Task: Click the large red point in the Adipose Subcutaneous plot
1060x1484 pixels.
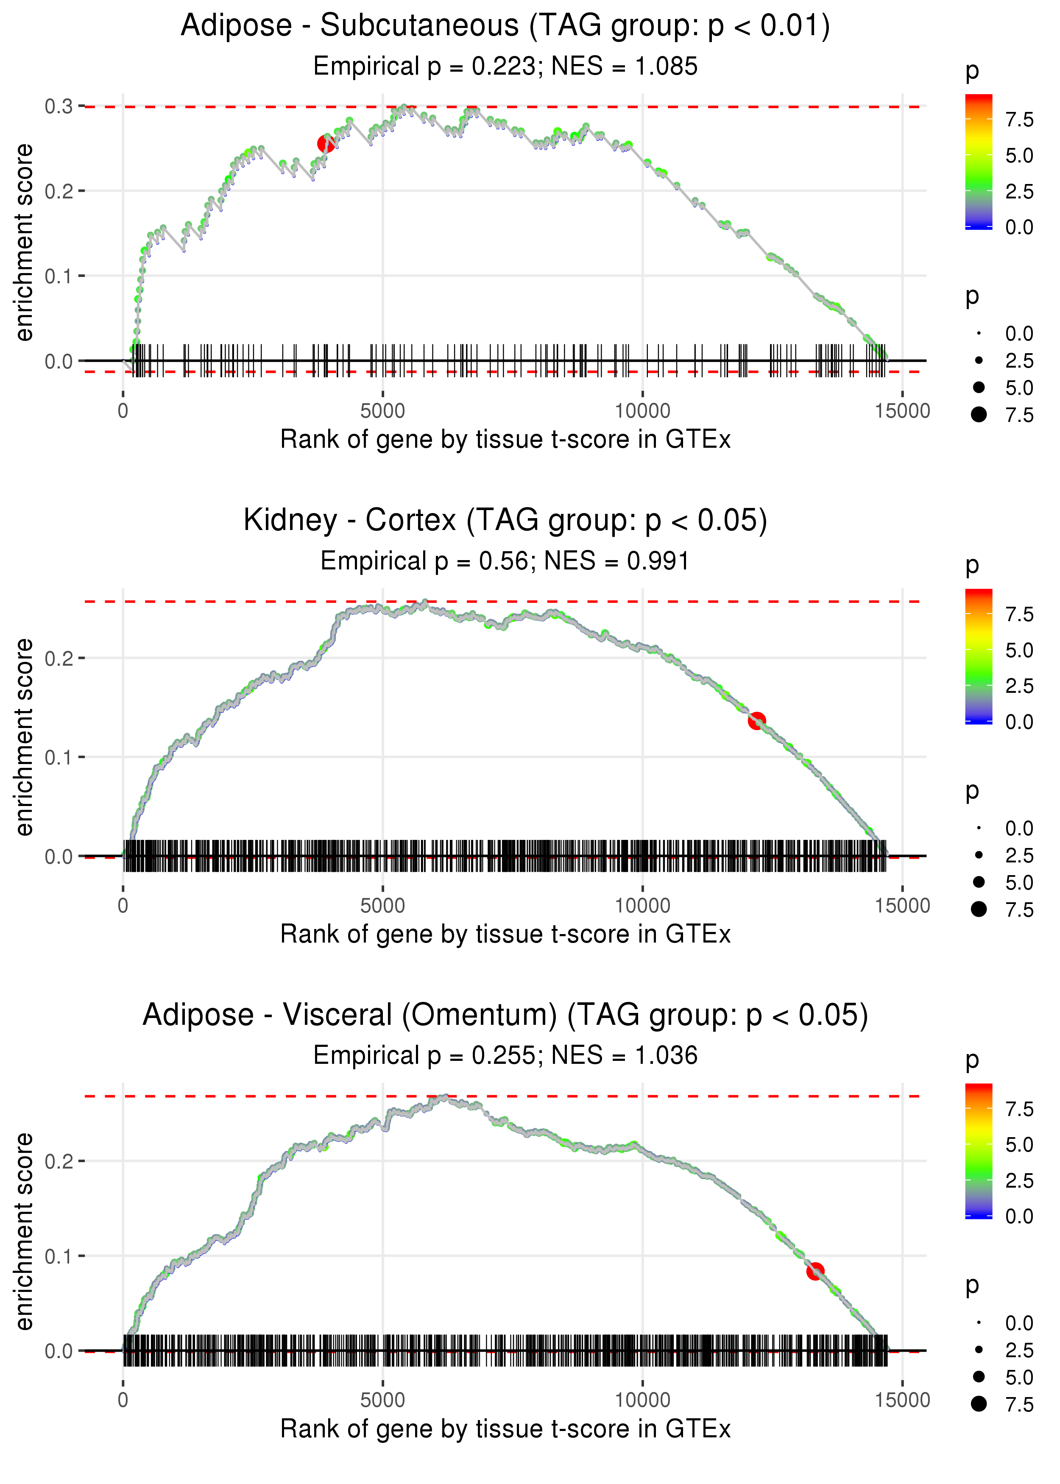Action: [326, 144]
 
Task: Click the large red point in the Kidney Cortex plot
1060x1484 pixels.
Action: [756, 720]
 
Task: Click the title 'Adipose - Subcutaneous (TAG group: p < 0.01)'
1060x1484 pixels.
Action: [505, 26]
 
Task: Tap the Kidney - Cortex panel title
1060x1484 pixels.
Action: [505, 521]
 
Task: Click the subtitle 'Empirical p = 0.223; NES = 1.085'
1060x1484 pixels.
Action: [505, 67]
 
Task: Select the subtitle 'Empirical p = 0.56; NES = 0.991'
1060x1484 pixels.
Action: [505, 561]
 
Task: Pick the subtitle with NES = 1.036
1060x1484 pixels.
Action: [505, 1056]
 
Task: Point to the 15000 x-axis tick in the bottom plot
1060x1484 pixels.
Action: [903, 1400]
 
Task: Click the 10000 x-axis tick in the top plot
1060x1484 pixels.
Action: [642, 411]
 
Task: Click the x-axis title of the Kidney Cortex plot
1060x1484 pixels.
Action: [505, 934]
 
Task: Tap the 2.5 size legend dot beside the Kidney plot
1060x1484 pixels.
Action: [979, 855]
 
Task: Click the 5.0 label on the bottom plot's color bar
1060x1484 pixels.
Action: [1019, 1145]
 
